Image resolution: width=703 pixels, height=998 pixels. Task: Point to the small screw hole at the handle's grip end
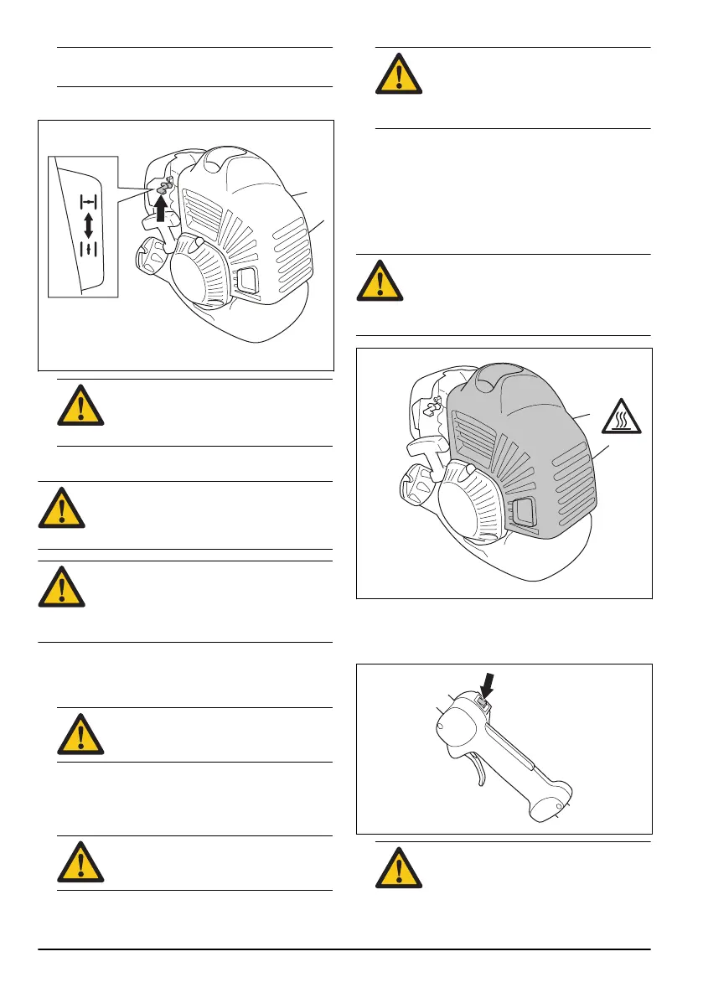559,809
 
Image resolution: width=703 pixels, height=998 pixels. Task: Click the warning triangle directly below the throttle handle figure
398,868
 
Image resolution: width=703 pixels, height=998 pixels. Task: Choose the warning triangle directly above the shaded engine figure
380,280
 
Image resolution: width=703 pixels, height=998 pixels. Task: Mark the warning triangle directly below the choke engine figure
80,405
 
